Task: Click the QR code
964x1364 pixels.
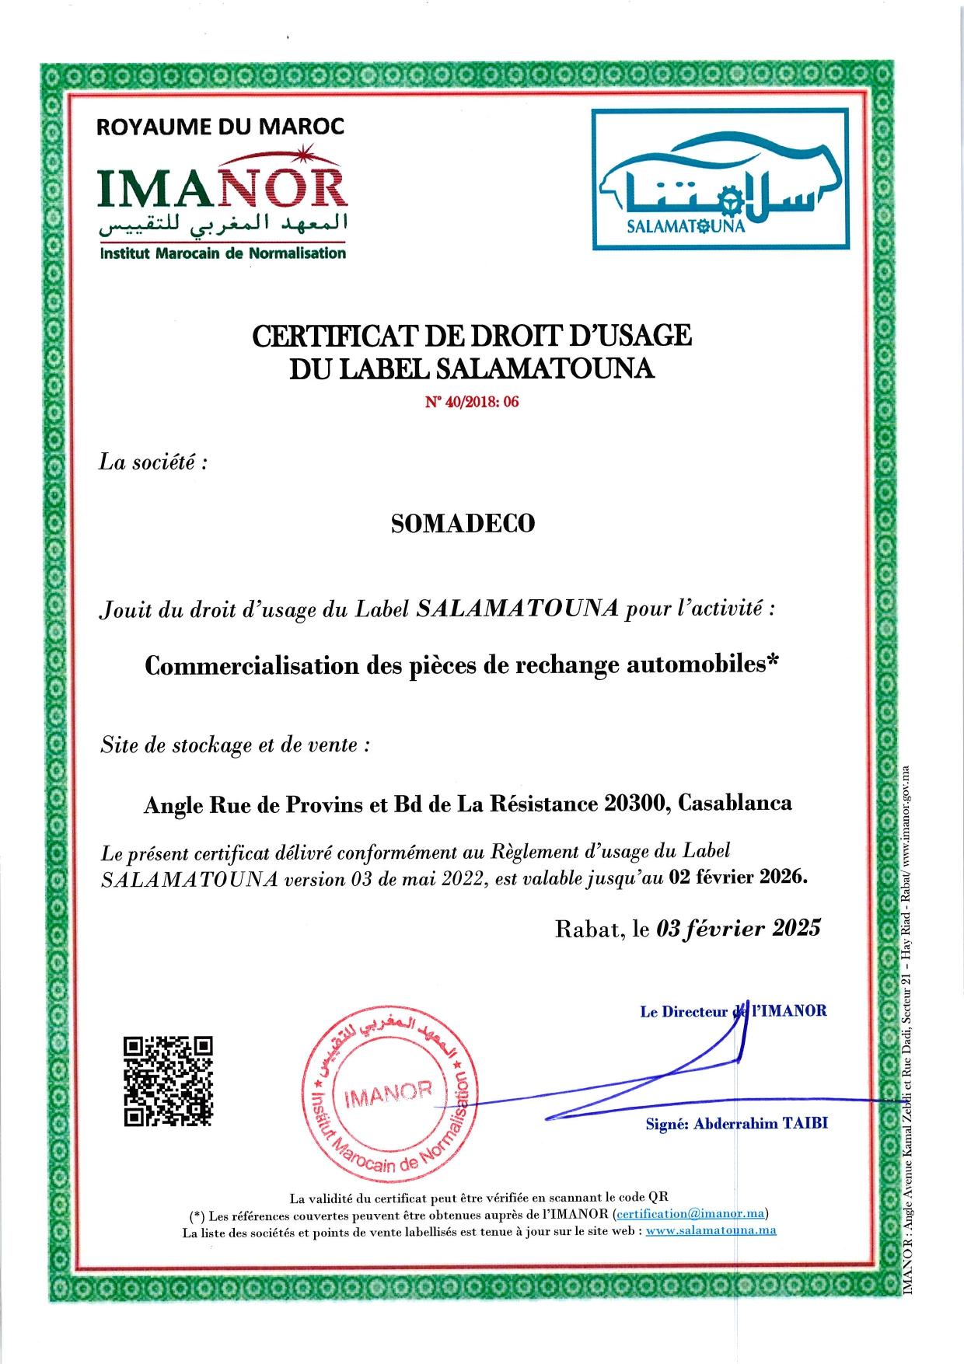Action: tap(168, 1081)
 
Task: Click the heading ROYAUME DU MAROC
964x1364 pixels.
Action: tap(220, 127)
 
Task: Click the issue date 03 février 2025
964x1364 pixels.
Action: tap(739, 928)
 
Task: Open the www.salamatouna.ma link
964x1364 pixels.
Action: tap(711, 1230)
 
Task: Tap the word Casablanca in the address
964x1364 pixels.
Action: tap(735, 803)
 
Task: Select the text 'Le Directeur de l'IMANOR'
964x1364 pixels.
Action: tap(733, 1011)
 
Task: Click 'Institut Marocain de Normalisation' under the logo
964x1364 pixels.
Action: tap(222, 253)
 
